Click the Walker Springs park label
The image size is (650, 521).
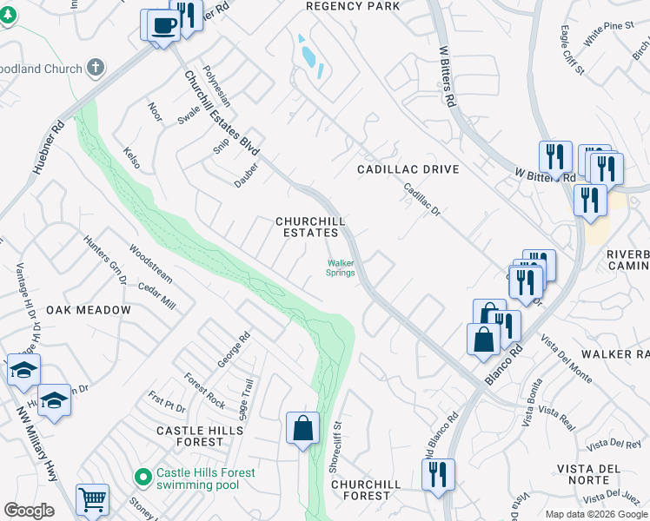[x=341, y=267]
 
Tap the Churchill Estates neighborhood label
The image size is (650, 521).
[x=307, y=227]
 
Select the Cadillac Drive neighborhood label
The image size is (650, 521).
[x=408, y=169]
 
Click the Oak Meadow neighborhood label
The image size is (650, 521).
[x=89, y=310]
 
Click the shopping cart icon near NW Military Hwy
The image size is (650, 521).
[x=92, y=499]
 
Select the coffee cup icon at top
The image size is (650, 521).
[x=162, y=25]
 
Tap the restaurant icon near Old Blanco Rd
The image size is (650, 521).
[x=438, y=474]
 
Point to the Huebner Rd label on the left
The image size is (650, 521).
[x=49, y=148]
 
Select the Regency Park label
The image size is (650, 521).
[x=353, y=6]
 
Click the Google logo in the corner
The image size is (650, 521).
[x=29, y=511]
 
